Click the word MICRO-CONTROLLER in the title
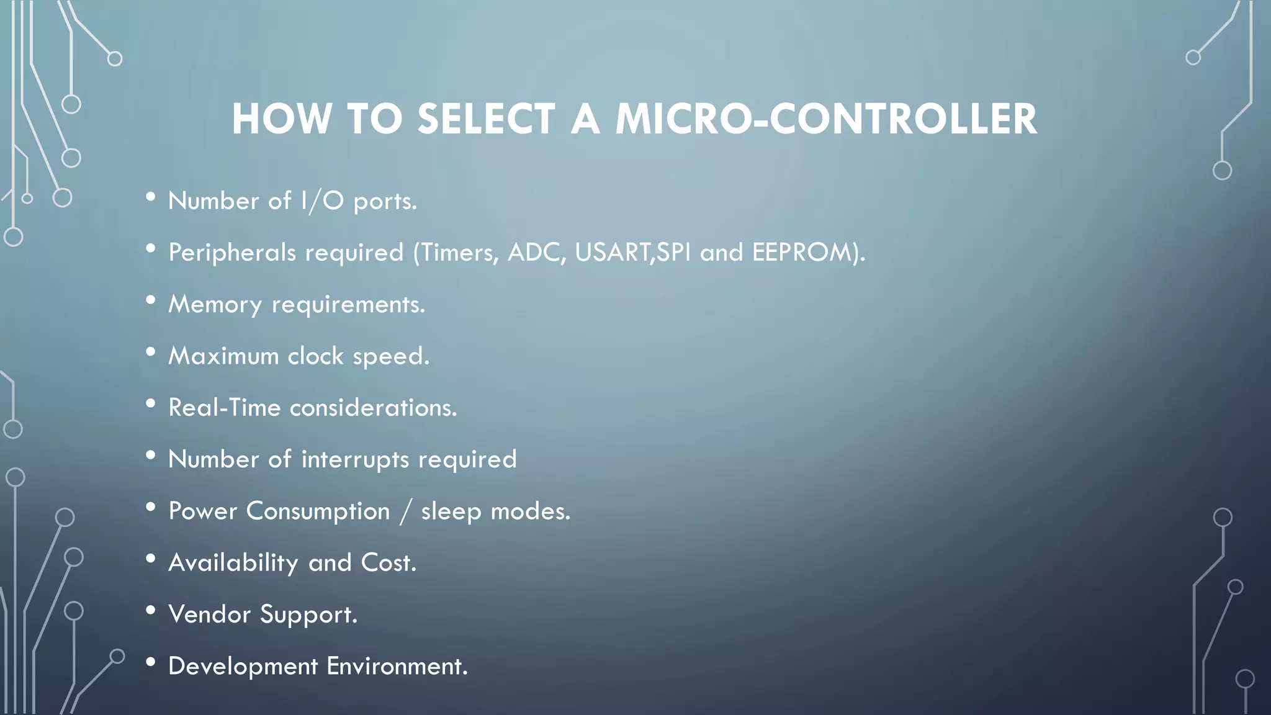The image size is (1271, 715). [x=826, y=119]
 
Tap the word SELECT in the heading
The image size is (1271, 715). [x=487, y=119]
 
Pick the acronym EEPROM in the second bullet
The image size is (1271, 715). [x=801, y=253]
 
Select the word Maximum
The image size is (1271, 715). [x=223, y=356]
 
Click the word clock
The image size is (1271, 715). [x=315, y=356]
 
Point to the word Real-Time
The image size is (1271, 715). [x=225, y=408]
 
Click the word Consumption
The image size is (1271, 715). [x=318, y=511]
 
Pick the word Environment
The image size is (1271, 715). [x=397, y=666]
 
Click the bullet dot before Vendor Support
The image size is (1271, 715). [x=151, y=611]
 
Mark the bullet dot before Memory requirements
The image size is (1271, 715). [x=151, y=301]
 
